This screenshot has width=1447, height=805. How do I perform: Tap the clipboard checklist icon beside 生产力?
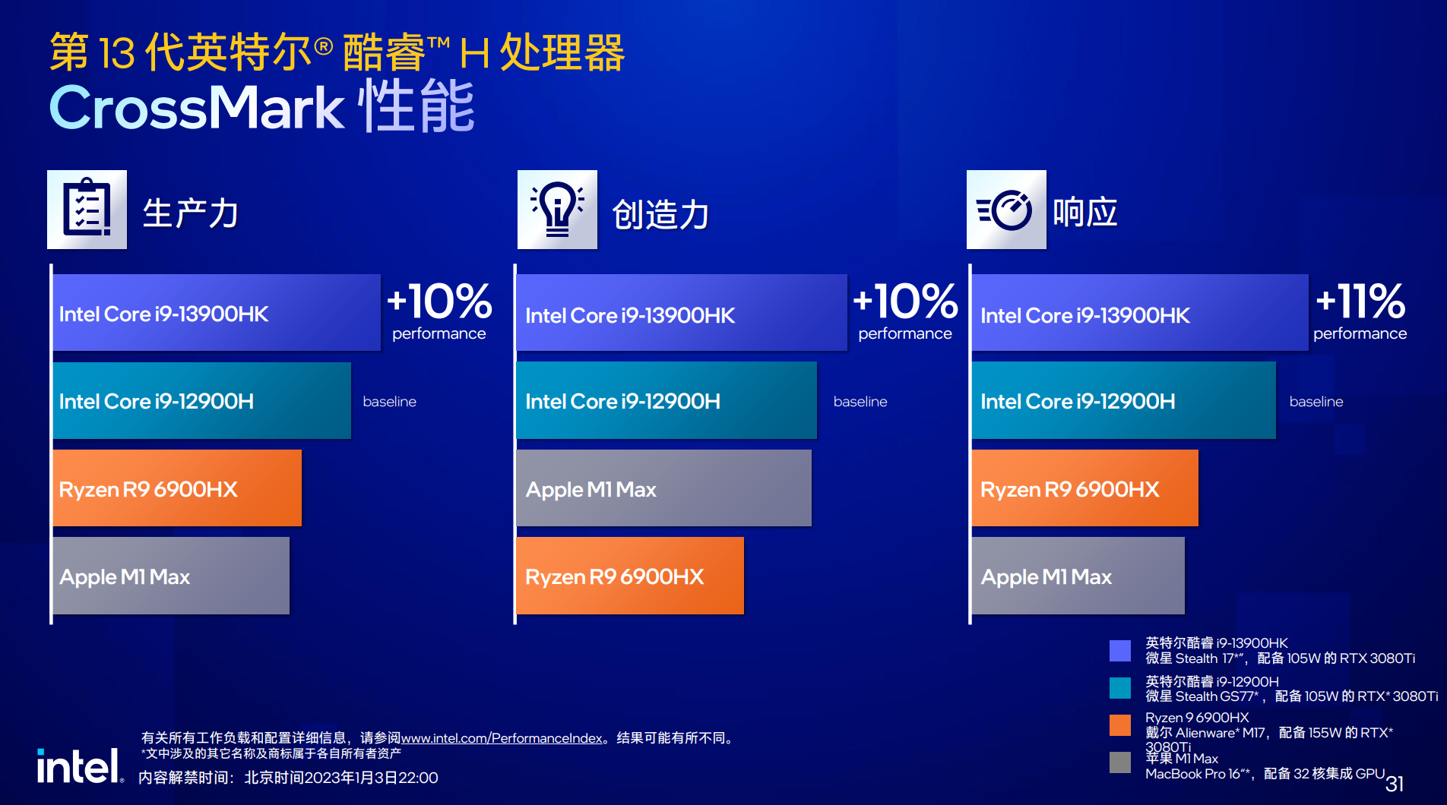click(87, 209)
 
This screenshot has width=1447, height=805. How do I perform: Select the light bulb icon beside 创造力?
click(557, 209)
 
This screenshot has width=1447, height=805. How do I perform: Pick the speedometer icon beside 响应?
click(1006, 209)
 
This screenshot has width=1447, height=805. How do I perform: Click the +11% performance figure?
click(1360, 310)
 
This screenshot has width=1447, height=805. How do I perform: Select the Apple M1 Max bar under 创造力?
click(663, 488)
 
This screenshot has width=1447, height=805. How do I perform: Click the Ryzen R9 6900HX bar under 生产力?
click(177, 488)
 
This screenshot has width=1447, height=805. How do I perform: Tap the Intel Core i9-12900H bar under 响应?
click(1123, 400)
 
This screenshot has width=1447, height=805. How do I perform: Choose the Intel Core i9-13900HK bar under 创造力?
click(682, 312)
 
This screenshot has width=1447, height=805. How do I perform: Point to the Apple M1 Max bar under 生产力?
click(171, 576)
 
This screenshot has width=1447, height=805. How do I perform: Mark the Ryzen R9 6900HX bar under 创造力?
click(630, 576)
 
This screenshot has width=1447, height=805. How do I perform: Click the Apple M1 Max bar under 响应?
click(1078, 576)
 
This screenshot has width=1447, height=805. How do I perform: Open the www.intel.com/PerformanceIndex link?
click(502, 738)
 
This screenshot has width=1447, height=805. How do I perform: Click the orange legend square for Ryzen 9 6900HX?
click(1119, 725)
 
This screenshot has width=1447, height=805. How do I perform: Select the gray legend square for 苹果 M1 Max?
click(1119, 762)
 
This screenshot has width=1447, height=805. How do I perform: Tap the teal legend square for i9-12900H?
click(1119, 688)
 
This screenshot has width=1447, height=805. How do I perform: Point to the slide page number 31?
click(1395, 784)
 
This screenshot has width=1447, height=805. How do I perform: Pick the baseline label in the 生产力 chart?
click(389, 401)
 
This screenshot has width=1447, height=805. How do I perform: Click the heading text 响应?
click(1085, 212)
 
